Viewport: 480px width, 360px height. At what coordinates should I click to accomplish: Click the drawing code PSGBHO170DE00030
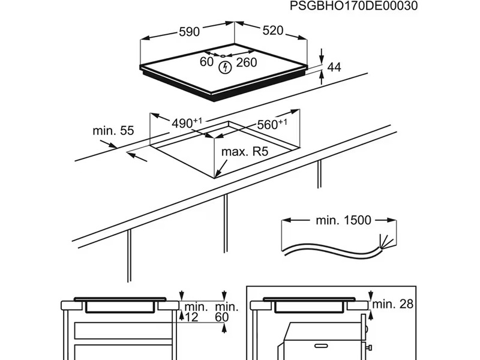point(353,6)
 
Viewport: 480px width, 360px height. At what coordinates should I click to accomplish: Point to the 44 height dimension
point(334,68)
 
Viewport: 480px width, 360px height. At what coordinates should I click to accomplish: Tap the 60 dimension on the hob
point(206,62)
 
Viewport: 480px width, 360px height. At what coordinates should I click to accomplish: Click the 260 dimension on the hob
point(246,62)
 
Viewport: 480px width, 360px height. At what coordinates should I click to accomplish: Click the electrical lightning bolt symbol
point(225,67)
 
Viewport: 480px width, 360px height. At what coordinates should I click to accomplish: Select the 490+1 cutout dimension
point(187,123)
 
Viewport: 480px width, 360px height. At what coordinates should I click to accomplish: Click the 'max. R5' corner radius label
point(244,152)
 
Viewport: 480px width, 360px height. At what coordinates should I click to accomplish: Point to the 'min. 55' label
point(113,130)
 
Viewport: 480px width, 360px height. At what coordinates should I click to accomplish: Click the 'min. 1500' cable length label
point(344,220)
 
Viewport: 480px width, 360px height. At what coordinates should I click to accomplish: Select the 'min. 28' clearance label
point(392,304)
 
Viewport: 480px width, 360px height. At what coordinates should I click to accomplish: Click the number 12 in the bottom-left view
point(191,316)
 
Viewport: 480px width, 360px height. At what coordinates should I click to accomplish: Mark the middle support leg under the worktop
point(226,222)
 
